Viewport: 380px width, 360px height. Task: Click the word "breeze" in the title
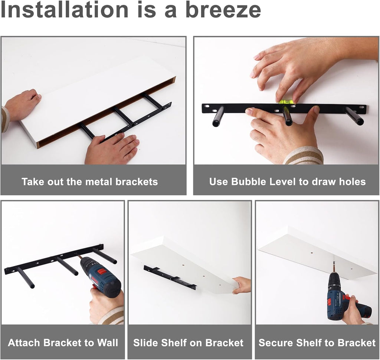pyautogui.click(x=223, y=10)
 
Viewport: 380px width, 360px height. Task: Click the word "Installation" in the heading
pyautogui.click(x=65, y=10)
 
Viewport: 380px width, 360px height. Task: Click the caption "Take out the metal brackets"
pyautogui.click(x=90, y=182)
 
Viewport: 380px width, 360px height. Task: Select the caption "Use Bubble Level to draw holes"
pyautogui.click(x=288, y=182)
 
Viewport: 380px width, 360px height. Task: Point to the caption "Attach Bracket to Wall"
pyautogui.click(x=63, y=343)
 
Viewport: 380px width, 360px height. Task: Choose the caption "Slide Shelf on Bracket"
pyautogui.click(x=188, y=343)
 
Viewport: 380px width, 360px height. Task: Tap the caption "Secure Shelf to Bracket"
pyautogui.click(x=317, y=343)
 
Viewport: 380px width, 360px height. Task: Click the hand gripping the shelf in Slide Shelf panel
pyautogui.click(x=242, y=285)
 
